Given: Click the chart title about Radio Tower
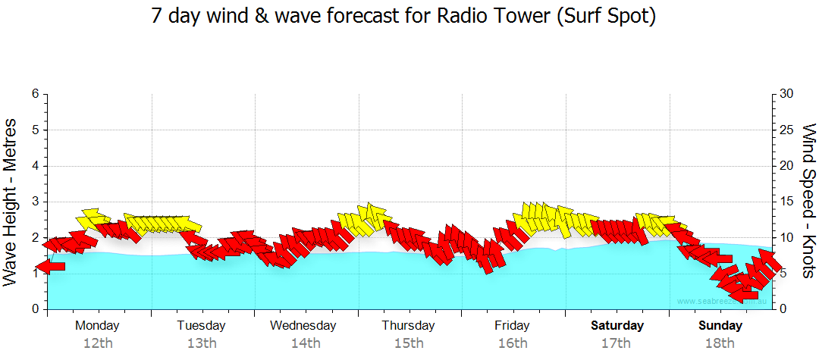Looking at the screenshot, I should tap(403, 17).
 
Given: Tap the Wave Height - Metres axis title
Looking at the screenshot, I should tap(11, 202).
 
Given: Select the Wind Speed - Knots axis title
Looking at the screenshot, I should tap(808, 202).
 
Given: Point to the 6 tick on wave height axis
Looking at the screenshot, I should tap(35, 94).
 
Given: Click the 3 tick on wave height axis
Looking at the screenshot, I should tap(35, 202).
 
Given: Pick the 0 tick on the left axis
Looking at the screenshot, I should tap(35, 309).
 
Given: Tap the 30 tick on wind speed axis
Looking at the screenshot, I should tap(786, 94).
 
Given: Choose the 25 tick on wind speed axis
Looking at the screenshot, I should tap(786, 130).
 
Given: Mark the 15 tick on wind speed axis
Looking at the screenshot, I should tap(786, 202).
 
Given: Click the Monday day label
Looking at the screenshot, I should tap(97, 326).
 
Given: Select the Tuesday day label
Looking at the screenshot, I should tap(201, 326).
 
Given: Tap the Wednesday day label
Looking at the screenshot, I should tap(303, 326).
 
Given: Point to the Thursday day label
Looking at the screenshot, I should tap(408, 326).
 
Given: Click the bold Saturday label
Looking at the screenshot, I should tap(617, 326).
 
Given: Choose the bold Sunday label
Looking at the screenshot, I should tap(720, 326).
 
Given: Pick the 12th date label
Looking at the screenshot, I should tap(98, 343).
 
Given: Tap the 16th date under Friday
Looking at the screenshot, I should tap(513, 343).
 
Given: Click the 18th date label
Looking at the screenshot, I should tap(720, 343).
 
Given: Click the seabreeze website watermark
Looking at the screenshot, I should tap(721, 301).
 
